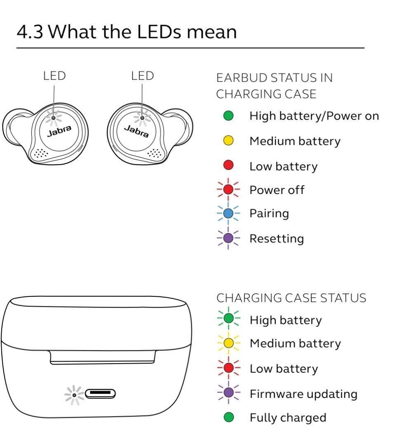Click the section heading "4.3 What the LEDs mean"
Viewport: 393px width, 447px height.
click(127, 32)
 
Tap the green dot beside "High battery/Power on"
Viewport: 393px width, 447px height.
click(228, 116)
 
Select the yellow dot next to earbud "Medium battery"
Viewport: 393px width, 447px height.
click(228, 141)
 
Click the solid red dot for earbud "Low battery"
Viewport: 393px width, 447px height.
click(228, 165)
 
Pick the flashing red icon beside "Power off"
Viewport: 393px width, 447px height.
click(228, 189)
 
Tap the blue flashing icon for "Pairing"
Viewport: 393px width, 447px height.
click(228, 213)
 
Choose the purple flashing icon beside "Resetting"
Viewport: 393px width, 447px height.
click(228, 238)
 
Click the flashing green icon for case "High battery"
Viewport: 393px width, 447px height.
click(229, 318)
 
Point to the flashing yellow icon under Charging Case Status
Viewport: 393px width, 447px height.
click(229, 343)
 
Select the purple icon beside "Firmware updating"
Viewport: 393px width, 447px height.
click(229, 393)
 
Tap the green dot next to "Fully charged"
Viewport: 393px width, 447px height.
click(229, 417)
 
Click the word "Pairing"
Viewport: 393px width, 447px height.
click(269, 214)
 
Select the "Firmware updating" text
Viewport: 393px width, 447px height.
click(304, 394)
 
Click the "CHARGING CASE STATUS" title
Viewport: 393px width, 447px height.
click(291, 298)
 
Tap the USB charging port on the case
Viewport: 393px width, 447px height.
click(100, 394)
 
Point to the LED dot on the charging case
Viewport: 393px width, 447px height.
click(74, 395)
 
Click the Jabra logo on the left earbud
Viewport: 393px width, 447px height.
click(59, 131)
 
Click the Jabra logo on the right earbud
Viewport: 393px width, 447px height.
click(136, 131)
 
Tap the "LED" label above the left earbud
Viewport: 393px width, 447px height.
click(54, 76)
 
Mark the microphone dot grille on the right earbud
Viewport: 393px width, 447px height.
click(155, 153)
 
